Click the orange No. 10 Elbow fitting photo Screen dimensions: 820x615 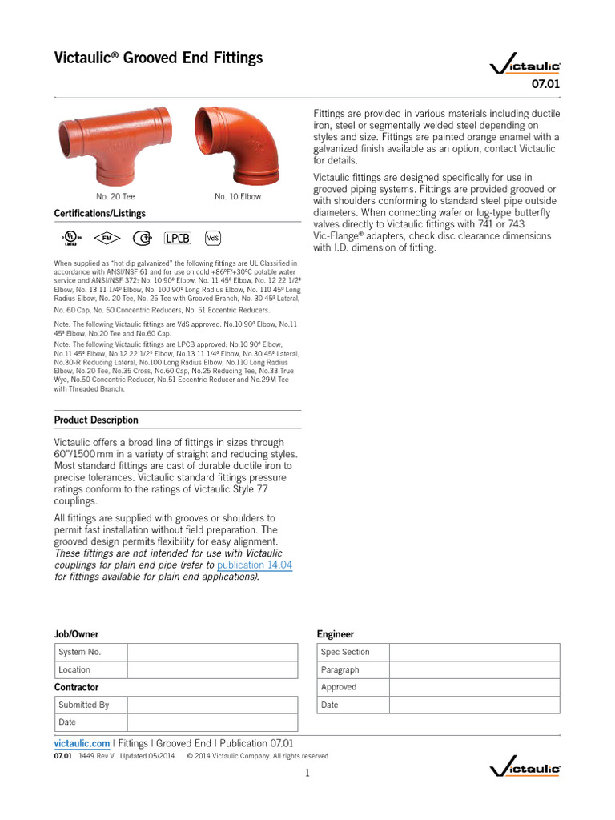[238, 145]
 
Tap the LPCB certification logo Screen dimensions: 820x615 [178, 238]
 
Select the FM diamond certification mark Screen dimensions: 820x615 [104, 238]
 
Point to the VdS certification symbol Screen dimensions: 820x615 [213, 238]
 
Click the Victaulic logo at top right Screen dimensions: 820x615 [525, 66]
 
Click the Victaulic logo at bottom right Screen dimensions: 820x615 [525, 770]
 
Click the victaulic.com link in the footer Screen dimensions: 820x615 [82, 743]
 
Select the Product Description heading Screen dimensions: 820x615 [96, 420]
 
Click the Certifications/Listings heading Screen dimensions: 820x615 [100, 214]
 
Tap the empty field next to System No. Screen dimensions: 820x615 [212, 652]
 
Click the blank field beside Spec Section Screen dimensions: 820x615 [475, 652]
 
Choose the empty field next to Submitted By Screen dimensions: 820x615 [212, 705]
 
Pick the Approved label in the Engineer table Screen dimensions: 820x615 [339, 687]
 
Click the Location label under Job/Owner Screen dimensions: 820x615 [74, 669]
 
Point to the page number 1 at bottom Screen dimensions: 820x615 [307, 773]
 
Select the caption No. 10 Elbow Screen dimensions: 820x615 [238, 196]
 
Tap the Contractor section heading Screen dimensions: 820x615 [77, 687]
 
